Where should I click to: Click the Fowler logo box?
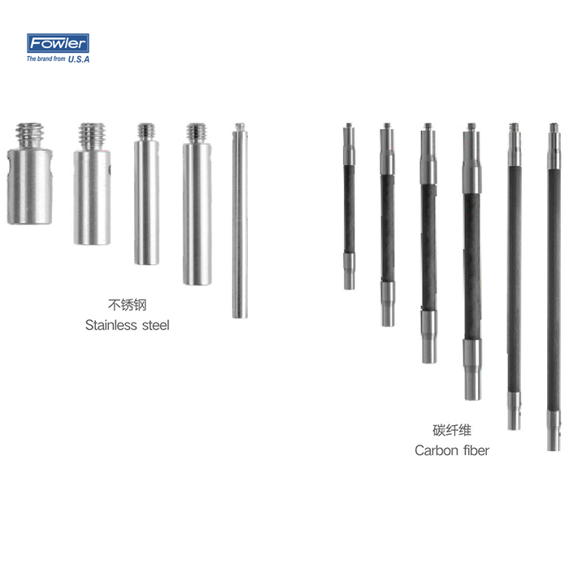(x=58, y=43)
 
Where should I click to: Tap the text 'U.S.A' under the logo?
(x=79, y=59)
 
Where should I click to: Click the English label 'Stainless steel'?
(x=127, y=325)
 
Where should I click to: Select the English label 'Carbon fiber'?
(x=452, y=450)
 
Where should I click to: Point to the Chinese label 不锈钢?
(x=127, y=305)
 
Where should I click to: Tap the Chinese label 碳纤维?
(x=452, y=430)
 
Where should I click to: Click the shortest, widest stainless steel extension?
(x=29, y=173)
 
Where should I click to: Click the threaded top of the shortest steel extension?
(x=30, y=136)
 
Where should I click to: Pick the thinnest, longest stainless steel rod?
(x=240, y=220)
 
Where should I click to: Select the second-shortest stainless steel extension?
(x=92, y=184)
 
